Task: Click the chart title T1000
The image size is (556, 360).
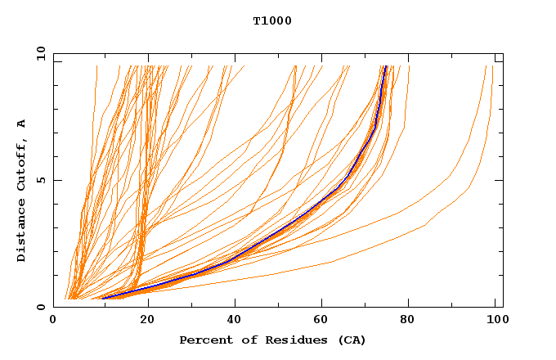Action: pyautogui.click(x=272, y=20)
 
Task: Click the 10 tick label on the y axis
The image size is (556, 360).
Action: pyautogui.click(x=38, y=53)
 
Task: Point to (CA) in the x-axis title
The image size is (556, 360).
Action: pyautogui.click(x=352, y=340)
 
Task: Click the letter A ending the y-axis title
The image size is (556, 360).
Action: pyautogui.click(x=22, y=123)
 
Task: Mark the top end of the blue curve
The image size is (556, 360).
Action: pyautogui.click(x=385, y=67)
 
